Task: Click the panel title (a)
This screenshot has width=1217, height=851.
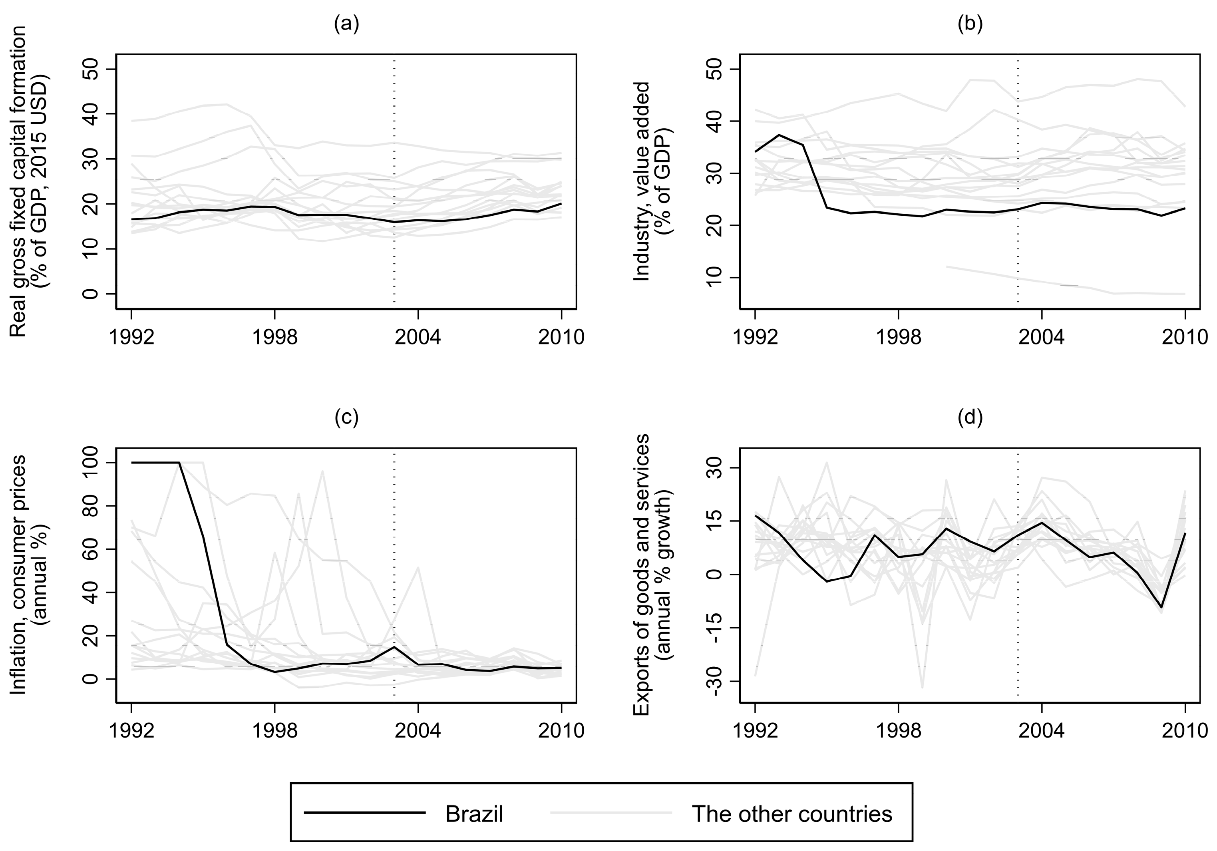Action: click(346, 25)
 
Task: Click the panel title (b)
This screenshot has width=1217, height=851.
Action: click(970, 25)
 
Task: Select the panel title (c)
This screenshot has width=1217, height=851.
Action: click(346, 418)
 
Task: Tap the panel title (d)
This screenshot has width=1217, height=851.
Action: click(970, 418)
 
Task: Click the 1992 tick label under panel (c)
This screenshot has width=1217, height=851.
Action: click(131, 730)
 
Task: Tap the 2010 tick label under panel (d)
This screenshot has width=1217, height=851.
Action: click(1184, 730)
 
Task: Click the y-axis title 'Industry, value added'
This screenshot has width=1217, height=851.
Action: click(641, 181)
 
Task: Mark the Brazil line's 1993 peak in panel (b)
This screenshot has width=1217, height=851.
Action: click(779, 135)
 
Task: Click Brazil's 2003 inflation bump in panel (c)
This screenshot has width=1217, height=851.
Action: click(394, 646)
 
